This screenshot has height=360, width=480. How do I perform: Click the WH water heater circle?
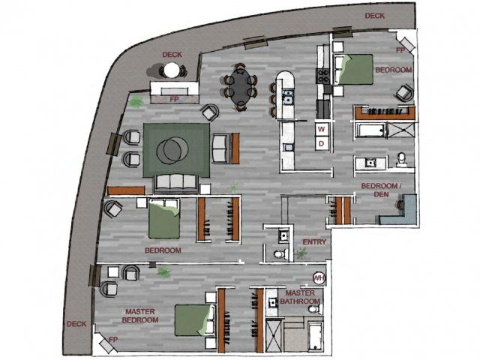(x=318, y=278)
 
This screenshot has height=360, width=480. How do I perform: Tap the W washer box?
(x=321, y=127)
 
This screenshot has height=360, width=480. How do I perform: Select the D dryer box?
(x=321, y=142)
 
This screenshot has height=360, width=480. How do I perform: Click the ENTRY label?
(x=313, y=242)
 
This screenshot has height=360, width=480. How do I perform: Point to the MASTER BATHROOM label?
(x=302, y=297)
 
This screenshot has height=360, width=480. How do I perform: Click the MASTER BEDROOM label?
(x=141, y=315)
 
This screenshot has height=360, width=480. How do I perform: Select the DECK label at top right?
(x=375, y=16)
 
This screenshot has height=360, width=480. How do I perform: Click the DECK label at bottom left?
(x=76, y=324)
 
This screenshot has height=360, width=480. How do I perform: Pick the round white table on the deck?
(x=171, y=71)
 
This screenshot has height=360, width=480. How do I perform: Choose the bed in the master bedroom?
(x=191, y=320)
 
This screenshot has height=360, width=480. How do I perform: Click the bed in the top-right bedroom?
(x=353, y=70)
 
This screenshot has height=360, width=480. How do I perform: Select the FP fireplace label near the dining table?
(x=174, y=97)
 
